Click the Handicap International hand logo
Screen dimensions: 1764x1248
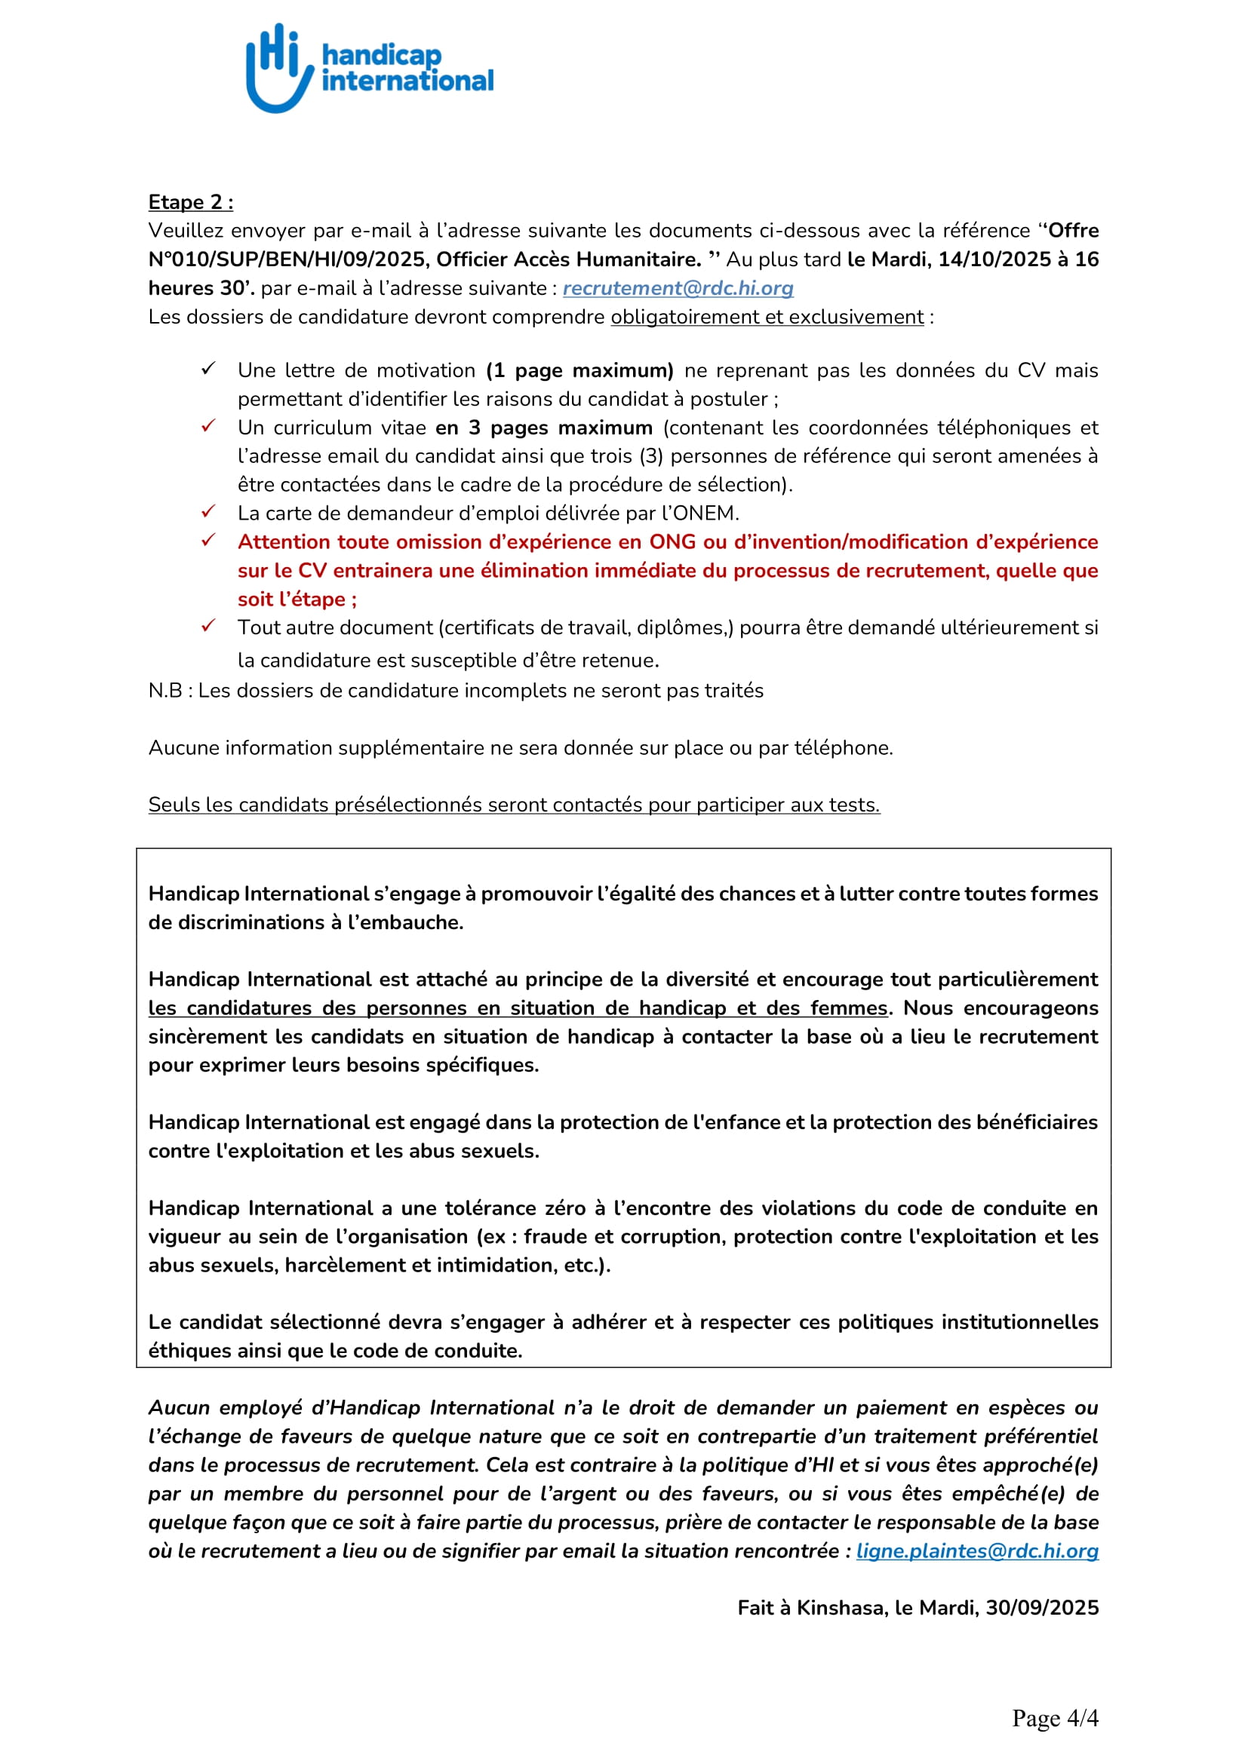click(279, 69)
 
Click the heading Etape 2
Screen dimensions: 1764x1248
click(191, 202)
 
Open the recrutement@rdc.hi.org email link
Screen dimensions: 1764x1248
click(678, 288)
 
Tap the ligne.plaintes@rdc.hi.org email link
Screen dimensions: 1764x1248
click(976, 1551)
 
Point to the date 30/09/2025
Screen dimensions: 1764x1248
click(1042, 1607)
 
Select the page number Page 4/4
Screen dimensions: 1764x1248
click(1055, 1718)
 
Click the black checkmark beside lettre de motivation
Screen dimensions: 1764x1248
click(208, 369)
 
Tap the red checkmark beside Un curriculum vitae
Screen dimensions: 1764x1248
click(208, 426)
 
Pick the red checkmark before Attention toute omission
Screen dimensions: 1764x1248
click(208, 541)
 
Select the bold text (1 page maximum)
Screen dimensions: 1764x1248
click(579, 370)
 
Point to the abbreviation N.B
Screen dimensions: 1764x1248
click(164, 691)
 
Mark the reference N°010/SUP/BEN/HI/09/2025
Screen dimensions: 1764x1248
click(287, 259)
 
